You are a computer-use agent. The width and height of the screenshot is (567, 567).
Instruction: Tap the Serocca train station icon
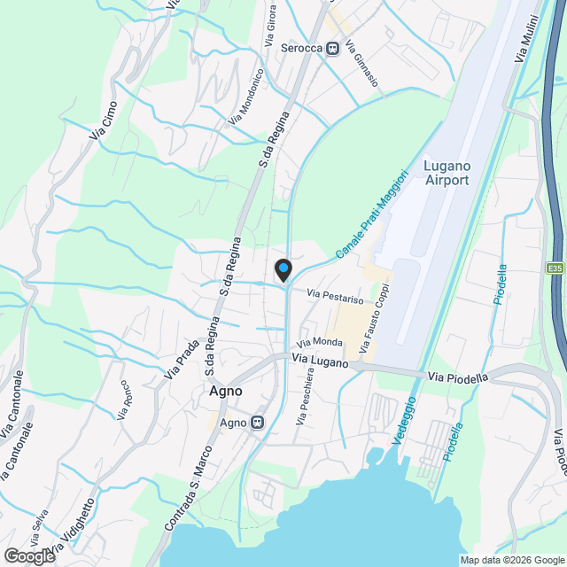click(x=332, y=48)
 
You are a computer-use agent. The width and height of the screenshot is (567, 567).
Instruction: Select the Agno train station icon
click(x=258, y=423)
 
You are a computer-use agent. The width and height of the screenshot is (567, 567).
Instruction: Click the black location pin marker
click(x=283, y=268)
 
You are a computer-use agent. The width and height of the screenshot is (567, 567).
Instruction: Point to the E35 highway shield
click(x=555, y=268)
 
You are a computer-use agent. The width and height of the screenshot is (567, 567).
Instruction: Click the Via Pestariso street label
click(x=336, y=292)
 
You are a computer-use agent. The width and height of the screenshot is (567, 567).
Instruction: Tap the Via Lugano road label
click(x=322, y=358)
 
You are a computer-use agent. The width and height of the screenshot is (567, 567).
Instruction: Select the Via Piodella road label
click(x=458, y=377)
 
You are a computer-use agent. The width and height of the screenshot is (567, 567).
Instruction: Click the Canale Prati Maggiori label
click(x=372, y=215)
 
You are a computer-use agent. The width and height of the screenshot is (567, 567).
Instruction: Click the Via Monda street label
click(x=320, y=341)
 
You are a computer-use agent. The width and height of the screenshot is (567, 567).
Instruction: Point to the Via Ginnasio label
click(x=362, y=64)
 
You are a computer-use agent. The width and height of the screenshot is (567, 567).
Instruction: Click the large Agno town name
click(x=227, y=390)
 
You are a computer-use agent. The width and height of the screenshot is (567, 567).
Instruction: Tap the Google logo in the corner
click(x=28, y=556)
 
